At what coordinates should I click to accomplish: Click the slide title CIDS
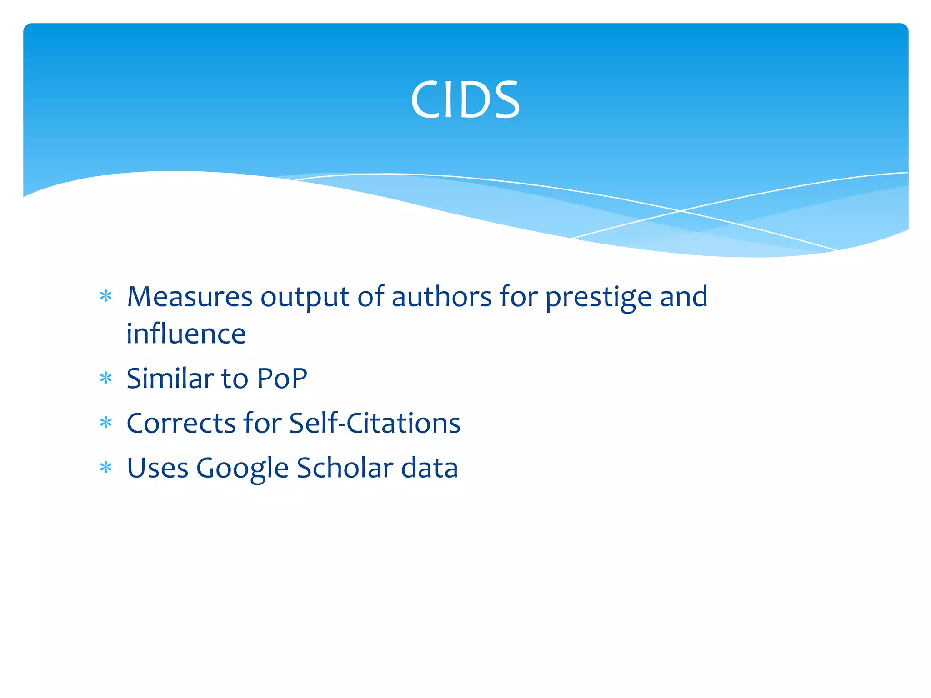(465, 100)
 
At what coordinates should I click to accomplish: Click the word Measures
(189, 297)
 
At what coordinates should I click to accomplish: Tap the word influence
(186, 334)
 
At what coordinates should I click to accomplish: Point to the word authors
(441, 297)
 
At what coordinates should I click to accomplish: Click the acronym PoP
(282, 378)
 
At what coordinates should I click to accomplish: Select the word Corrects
(180, 423)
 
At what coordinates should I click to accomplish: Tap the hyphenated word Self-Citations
(375, 423)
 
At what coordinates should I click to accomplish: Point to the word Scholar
(345, 468)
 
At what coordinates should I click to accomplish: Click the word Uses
(157, 468)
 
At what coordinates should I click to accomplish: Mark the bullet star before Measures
(106, 297)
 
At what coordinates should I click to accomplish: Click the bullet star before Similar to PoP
(106, 378)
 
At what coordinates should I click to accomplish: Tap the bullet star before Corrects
(106, 423)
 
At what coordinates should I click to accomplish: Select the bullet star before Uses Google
(106, 468)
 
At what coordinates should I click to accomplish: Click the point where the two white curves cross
(681, 211)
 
